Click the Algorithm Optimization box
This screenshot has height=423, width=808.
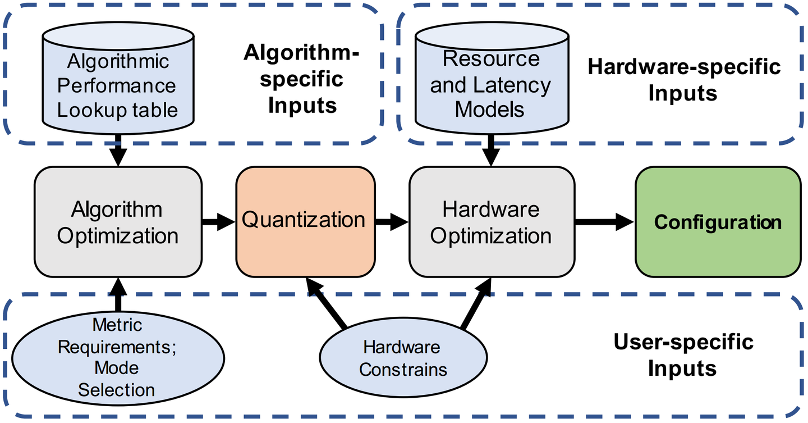pos(118,222)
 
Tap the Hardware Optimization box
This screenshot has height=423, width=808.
pos(492,222)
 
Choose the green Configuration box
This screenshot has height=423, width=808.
pos(718,222)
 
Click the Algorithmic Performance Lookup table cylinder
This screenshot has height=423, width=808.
pos(118,84)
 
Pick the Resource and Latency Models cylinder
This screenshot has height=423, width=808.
pos(492,83)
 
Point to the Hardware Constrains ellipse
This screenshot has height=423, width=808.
pos(403,358)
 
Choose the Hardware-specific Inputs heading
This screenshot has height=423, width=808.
pos(683,80)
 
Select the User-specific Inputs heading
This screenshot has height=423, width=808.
pos(683,355)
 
